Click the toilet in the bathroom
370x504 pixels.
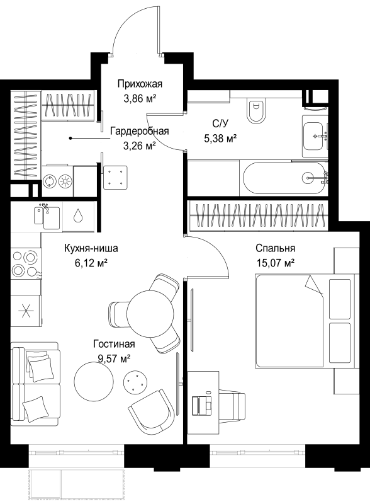[257, 110]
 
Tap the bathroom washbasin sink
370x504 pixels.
[314, 136]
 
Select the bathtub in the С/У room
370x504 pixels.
[284, 178]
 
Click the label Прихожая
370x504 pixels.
[140, 84]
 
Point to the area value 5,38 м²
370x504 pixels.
[220, 139]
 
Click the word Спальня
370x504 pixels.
[275, 248]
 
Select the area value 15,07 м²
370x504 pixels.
[275, 263]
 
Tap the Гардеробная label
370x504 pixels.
[140, 132]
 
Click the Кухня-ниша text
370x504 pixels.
[91, 248]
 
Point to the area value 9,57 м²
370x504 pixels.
[114, 358]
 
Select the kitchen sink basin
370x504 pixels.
[47, 215]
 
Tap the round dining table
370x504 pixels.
[151, 312]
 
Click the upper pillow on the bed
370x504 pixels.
[340, 299]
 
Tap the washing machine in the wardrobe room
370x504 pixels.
[49, 181]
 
